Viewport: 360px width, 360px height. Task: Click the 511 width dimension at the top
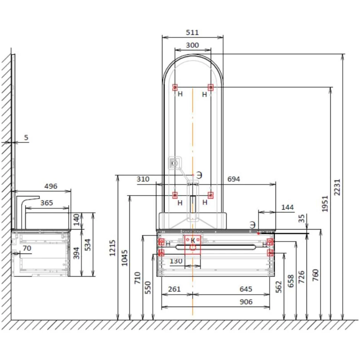pos(192,33)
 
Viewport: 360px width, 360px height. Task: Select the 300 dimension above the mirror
pos(192,45)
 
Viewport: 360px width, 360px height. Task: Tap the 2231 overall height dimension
pos(337,187)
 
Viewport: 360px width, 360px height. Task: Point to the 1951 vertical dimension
pos(325,204)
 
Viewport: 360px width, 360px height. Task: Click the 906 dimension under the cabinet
pos(246,302)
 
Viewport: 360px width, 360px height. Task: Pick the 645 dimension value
pos(246,289)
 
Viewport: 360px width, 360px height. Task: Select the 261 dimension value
pos(174,289)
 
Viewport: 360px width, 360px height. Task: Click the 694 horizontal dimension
pos(233,179)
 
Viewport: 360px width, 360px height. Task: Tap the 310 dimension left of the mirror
pos(143,179)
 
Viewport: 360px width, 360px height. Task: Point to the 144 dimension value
pos(288,207)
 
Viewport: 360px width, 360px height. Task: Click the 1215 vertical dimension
pos(112,248)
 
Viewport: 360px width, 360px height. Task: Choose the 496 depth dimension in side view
pos(51,186)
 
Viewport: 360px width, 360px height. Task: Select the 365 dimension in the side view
pos(47,203)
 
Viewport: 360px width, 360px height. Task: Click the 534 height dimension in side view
pos(88,245)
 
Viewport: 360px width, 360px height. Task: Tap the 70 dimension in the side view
pos(27,248)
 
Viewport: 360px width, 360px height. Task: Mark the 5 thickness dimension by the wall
pos(26,138)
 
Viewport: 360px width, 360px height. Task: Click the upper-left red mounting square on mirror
pos(175,87)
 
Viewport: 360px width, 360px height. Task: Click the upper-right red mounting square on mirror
pos(211,87)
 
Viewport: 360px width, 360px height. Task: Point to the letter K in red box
pos(193,240)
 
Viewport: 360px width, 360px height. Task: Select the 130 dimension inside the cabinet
pos(176,261)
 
